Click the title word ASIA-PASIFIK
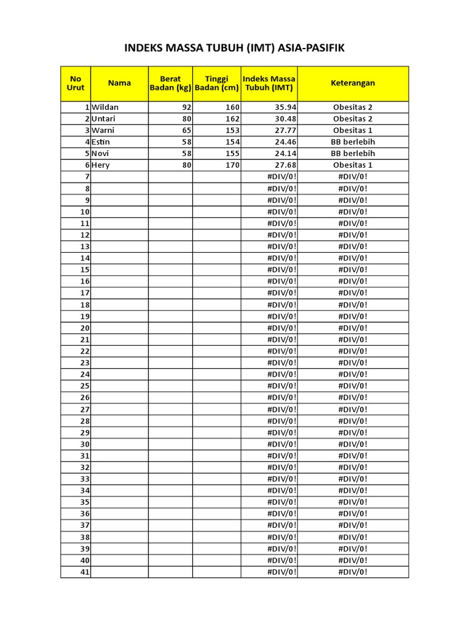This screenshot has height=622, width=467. point(311,47)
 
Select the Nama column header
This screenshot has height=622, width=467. point(119,83)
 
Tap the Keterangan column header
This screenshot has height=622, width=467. point(353,83)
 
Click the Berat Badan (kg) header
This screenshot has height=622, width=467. point(170,83)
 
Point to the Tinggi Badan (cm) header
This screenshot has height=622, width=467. point(216,83)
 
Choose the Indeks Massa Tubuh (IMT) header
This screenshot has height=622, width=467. point(269,83)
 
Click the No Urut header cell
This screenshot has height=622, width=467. point(75,83)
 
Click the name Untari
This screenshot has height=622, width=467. point(104,118)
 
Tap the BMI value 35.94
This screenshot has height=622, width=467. point(285,107)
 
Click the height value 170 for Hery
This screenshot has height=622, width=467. point(232,165)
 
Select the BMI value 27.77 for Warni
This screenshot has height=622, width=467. point(285,130)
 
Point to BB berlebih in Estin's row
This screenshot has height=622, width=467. point(353,142)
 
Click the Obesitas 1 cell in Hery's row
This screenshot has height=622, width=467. point(353,165)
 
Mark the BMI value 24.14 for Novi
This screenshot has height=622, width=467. point(285,153)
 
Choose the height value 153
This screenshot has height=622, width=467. point(232,130)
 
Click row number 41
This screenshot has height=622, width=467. point(85,572)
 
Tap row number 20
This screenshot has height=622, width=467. point(85,328)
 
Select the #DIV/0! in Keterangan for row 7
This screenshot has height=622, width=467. point(353,176)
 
